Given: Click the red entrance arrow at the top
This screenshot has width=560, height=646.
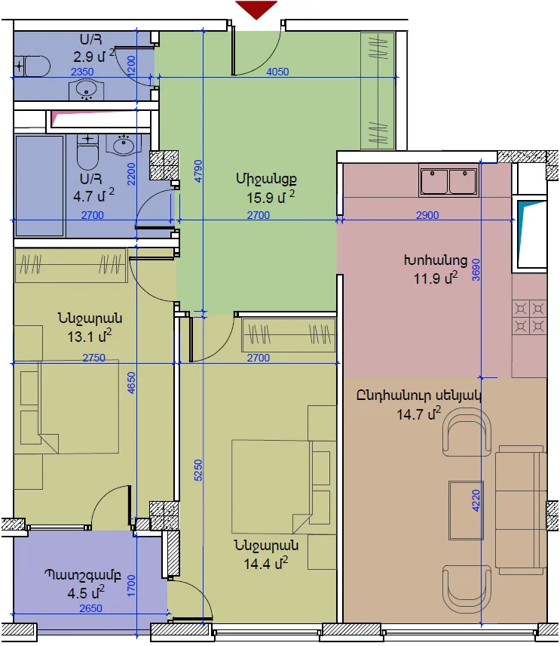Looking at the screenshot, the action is tap(256, 10).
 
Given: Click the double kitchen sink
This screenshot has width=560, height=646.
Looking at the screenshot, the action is tap(448, 180).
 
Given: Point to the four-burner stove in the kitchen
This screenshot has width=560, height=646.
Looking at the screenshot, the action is tap(529, 317).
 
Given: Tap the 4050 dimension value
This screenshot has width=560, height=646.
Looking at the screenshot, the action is tap(277, 72).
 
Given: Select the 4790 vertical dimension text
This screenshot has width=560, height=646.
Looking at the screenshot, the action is tap(198, 171).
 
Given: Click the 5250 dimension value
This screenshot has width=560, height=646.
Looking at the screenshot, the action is tap(198, 470).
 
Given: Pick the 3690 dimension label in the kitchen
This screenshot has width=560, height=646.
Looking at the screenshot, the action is tap(476, 270).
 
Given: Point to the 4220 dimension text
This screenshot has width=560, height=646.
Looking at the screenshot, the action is tap(476, 500).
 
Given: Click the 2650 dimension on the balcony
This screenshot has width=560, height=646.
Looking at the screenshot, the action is tap(90, 608).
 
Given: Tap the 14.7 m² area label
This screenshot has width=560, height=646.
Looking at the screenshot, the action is tap(418, 414).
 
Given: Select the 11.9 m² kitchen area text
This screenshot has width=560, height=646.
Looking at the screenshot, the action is tap(436, 278).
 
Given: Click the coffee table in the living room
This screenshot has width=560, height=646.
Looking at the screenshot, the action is tap(466, 509).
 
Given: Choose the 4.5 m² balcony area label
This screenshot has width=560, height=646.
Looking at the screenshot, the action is tap(86, 592).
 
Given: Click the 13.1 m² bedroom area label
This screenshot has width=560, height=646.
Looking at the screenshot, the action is tap(89, 336).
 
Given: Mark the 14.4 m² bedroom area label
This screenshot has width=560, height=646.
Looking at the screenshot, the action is tap(265, 563).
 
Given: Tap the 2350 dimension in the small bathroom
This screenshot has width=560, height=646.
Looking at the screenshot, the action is tap(82, 72).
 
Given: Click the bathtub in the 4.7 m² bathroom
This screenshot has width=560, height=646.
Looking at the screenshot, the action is tap(39, 186).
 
